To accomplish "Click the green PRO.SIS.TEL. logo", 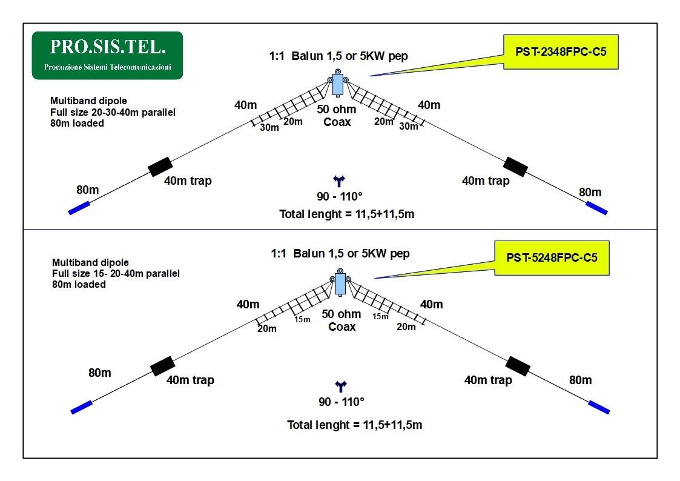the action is click(108, 56).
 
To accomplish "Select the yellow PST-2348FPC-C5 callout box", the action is click(561, 52).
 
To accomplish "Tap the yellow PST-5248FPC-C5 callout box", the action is click(552, 258).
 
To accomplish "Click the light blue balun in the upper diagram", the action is click(337, 84).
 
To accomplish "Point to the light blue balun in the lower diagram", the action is click(340, 284).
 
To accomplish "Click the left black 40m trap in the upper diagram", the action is click(160, 167).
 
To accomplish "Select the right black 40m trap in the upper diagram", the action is click(516, 167).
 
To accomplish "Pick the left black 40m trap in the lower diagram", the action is click(163, 366).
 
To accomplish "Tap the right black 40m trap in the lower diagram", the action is click(518, 366).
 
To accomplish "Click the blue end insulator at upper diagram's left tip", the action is click(79, 208).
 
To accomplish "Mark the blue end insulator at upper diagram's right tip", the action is click(596, 208).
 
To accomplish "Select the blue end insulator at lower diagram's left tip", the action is click(82, 407).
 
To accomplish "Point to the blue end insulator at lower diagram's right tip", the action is click(599, 407).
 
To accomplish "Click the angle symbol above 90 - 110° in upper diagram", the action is click(339, 181).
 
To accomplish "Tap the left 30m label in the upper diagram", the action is click(269, 127).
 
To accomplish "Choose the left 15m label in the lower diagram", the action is click(302, 320).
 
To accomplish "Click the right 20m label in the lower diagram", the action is click(406, 327).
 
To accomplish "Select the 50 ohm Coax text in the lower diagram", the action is click(342, 320).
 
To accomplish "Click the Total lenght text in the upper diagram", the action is click(346, 214).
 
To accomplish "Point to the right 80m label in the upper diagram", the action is click(590, 192).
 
